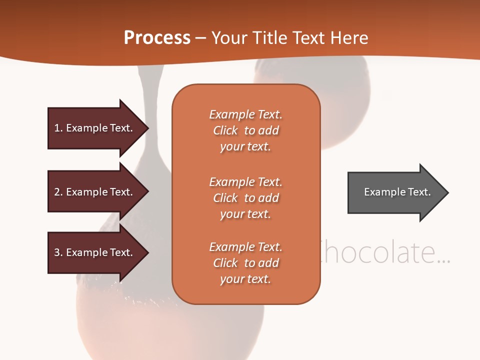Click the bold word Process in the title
[157, 38]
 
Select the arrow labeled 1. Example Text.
[95, 128]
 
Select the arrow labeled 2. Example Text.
[95, 192]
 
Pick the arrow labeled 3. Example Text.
[95, 252]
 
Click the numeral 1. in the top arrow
[58, 128]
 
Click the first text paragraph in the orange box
[245, 130]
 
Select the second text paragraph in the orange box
[245, 198]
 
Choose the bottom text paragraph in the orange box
[245, 263]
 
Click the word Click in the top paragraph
[225, 130]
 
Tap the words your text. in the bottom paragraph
[245, 279]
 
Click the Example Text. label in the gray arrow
[397, 192]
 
